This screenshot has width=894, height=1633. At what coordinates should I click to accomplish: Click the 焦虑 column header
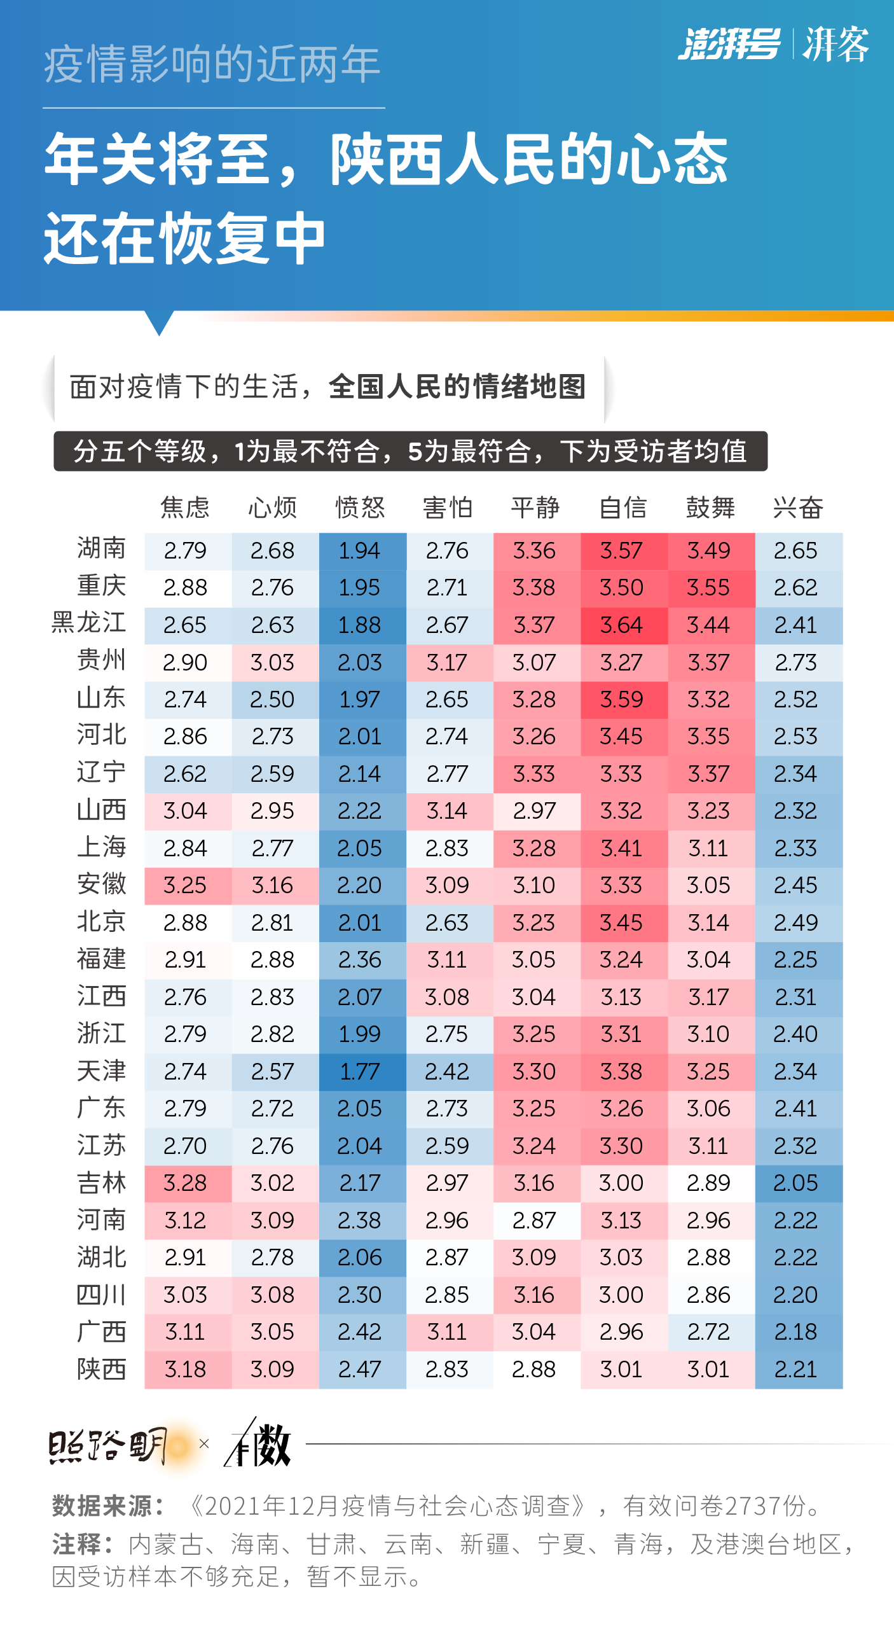click(x=185, y=508)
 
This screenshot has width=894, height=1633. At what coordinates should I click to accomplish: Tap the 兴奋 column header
click(x=797, y=508)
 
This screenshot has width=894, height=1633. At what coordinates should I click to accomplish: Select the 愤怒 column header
click(x=360, y=508)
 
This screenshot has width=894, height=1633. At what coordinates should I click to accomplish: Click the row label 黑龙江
click(x=88, y=623)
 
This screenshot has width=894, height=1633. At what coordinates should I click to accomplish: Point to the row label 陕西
click(x=101, y=1368)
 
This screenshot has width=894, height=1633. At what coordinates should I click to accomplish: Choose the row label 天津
click(x=101, y=1071)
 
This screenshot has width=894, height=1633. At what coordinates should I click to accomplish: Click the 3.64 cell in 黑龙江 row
click(x=622, y=625)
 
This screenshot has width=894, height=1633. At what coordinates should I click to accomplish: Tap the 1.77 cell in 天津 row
click(x=360, y=1071)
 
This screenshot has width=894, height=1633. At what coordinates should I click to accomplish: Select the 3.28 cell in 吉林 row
click(x=185, y=1183)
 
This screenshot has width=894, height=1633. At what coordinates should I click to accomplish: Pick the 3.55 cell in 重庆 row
click(x=709, y=587)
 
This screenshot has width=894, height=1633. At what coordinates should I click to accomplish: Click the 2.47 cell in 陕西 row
click(x=360, y=1369)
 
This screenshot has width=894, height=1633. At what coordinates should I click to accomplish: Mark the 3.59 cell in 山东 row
click(x=622, y=699)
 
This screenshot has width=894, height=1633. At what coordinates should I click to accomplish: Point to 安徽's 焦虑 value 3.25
click(x=185, y=885)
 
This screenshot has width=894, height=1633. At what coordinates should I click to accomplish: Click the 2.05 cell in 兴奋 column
click(x=795, y=1183)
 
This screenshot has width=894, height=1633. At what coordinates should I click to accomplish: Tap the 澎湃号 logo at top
click(x=729, y=45)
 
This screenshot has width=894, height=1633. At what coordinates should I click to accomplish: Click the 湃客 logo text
click(x=836, y=45)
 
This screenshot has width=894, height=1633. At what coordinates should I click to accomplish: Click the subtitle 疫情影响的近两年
click(x=212, y=65)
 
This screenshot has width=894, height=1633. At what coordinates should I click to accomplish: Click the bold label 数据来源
click(x=107, y=1506)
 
